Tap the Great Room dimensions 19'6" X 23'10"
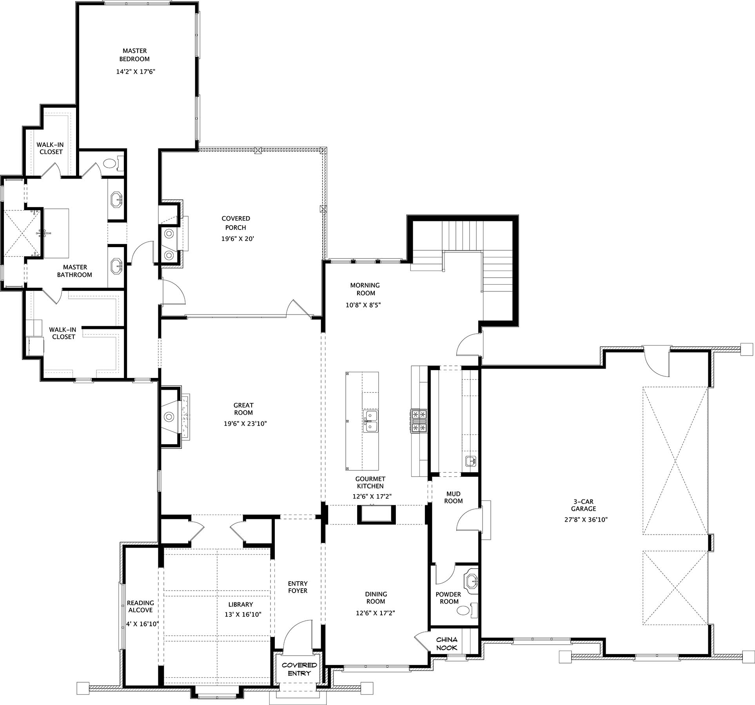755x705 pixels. coord(245,423)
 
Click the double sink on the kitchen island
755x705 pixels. coord(370,421)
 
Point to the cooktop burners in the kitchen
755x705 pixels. coord(418,421)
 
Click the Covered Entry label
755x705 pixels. coord(299,669)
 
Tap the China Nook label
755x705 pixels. coord(446,644)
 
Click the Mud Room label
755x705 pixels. coord(453,497)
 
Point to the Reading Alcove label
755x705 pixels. coord(140,606)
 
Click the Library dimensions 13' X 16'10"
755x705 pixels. coord(243,615)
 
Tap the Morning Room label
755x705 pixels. coord(365,289)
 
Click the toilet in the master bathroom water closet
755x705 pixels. coord(110,163)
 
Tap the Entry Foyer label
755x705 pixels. coord(298,587)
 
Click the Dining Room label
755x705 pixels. coord(376,598)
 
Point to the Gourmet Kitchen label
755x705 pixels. coord(370,483)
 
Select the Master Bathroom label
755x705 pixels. coord(74,271)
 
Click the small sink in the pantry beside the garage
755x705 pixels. coord(470,461)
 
